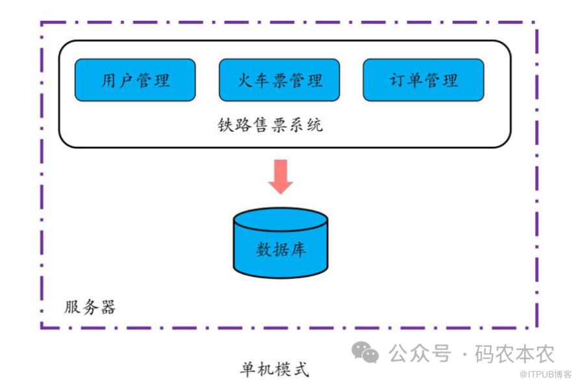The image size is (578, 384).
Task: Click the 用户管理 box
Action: pyautogui.click(x=135, y=80)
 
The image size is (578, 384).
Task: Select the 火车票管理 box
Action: pyautogui.click(x=279, y=80)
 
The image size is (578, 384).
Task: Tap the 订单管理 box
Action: pyautogui.click(x=423, y=80)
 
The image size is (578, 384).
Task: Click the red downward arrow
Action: pyautogui.click(x=281, y=175)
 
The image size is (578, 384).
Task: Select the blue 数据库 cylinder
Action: pyautogui.click(x=281, y=250)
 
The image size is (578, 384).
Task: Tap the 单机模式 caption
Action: pyautogui.click(x=275, y=369)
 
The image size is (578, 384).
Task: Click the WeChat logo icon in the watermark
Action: pyautogui.click(x=365, y=352)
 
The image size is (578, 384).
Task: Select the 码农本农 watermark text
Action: pyautogui.click(x=515, y=353)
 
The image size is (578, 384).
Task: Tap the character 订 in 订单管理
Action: pyautogui.click(x=397, y=81)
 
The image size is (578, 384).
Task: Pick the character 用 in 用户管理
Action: pyautogui.click(x=109, y=81)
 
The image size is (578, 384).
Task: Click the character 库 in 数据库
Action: pyautogui.click(x=298, y=250)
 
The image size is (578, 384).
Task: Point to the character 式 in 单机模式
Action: pyautogui.click(x=301, y=369)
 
